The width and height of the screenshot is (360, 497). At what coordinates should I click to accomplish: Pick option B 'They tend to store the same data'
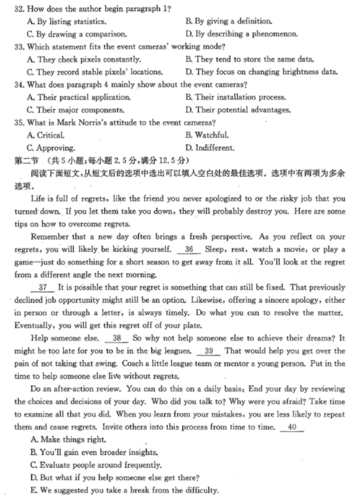click(x=253, y=60)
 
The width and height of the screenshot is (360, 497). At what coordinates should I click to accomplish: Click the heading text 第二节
click(x=26, y=160)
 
